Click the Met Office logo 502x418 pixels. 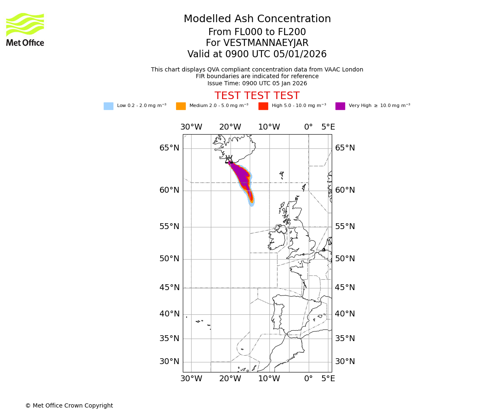(25, 29)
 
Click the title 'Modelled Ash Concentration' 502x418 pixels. (257, 19)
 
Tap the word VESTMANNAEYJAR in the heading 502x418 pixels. (266, 43)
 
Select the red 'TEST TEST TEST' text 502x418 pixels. (257, 96)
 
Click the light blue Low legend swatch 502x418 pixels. (108, 106)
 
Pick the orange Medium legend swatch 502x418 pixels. (181, 106)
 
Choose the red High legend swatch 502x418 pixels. (263, 106)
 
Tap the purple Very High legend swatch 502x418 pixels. (340, 106)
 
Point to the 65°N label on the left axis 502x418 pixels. (169, 148)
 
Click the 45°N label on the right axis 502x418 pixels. (345, 288)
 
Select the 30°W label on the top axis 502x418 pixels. (191, 127)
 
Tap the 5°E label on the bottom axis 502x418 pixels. (328, 379)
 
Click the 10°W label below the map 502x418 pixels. (269, 379)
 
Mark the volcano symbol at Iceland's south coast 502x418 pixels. (229, 160)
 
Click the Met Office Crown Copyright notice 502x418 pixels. (69, 406)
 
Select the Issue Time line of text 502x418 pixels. (257, 84)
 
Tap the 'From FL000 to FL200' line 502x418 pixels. (257, 32)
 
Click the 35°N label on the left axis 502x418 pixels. (169, 339)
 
